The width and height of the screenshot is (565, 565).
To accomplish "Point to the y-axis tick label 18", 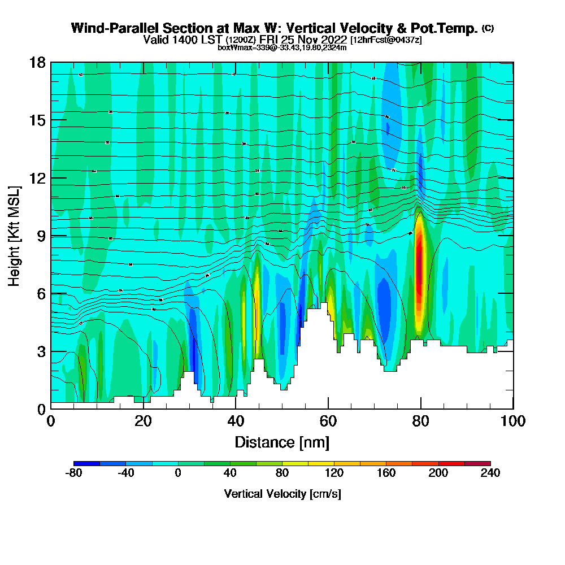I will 38,62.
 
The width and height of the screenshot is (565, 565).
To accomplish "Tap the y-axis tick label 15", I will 38,120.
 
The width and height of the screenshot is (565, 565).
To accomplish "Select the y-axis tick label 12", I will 38,177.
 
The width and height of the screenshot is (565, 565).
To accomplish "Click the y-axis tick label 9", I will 41,236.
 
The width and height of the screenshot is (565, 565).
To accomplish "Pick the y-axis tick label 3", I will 41,351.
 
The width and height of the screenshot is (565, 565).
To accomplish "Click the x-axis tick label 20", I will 144,421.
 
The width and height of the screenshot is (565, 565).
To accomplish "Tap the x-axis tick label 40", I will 236,421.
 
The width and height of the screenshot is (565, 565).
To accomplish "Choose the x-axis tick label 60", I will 328,421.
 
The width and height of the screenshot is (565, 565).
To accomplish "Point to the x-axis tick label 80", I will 421,421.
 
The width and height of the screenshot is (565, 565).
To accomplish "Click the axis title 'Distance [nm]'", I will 282,442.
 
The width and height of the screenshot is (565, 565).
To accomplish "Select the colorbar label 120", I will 334,473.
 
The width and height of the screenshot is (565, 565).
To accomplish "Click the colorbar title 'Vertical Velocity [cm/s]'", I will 282,494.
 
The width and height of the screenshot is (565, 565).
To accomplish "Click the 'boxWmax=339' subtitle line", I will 282,47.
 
